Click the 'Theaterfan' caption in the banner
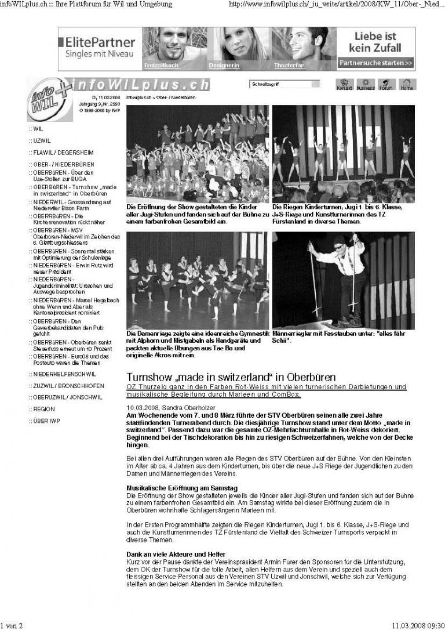pos(289,66)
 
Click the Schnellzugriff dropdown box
pos(284,85)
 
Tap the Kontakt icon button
pos(345,85)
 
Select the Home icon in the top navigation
pos(407,85)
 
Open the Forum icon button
pos(386,85)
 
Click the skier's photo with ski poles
pos(343,280)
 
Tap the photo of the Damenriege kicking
pos(198,280)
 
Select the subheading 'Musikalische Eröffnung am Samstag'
pos(182,489)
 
